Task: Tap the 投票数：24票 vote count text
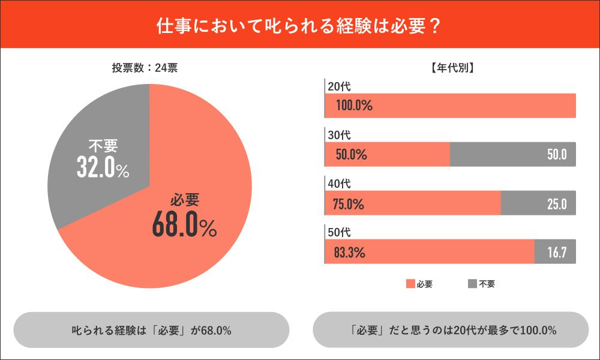tap(144, 68)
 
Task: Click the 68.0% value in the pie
tap(184, 227)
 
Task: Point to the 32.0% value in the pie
tap(103, 169)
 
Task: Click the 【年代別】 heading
tap(453, 68)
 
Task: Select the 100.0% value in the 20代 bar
tap(354, 106)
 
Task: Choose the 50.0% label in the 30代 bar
tap(351, 155)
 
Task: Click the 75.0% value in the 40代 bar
tap(349, 203)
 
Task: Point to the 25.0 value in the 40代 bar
tap(557, 203)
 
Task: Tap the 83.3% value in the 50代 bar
tap(349, 253)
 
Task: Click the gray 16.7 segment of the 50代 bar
tap(555, 252)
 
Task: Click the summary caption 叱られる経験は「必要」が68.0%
tap(151, 330)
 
